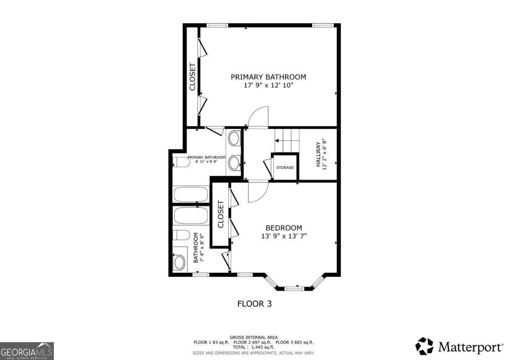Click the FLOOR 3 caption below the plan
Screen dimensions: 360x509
point(254,304)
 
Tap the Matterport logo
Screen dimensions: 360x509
point(459,346)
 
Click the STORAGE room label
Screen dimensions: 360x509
point(285,168)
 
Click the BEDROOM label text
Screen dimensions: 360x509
point(284,228)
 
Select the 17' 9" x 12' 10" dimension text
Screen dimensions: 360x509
point(268,85)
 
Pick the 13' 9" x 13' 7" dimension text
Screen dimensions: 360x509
point(284,236)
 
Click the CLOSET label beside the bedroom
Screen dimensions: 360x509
point(221,214)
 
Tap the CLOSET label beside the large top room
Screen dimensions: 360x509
point(192,77)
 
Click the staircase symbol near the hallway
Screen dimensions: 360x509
point(287,137)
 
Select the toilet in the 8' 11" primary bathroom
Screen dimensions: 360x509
point(181,163)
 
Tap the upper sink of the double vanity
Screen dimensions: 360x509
point(234,138)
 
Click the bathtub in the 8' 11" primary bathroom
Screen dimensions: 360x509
point(190,194)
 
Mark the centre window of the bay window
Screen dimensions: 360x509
point(294,289)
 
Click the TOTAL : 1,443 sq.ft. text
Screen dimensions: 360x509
point(254,347)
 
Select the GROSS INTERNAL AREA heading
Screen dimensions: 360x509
point(254,337)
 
